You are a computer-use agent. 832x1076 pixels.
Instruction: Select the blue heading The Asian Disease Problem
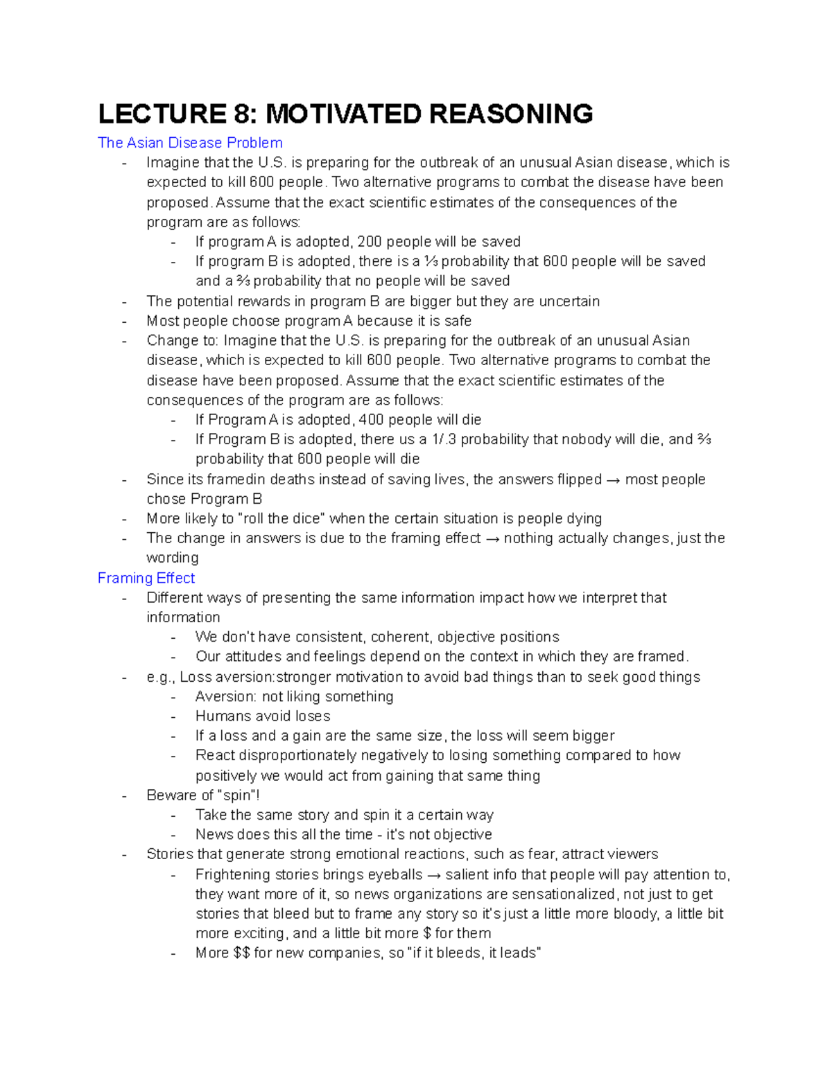190,143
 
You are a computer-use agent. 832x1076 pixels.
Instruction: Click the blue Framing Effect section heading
146,578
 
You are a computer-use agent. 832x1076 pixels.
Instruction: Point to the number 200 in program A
370,242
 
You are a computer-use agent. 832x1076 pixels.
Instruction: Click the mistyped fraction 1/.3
444,439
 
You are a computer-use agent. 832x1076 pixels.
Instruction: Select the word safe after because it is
458,321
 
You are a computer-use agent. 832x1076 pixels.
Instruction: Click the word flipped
579,479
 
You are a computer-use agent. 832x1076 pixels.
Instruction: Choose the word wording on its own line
172,558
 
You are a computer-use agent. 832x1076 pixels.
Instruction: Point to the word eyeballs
395,874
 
